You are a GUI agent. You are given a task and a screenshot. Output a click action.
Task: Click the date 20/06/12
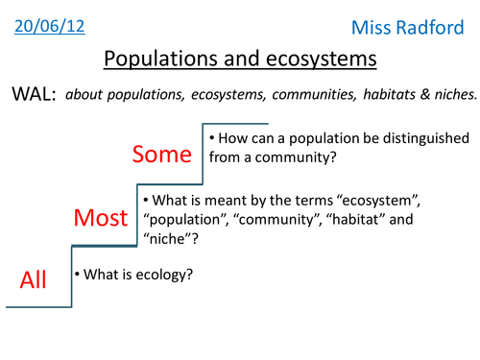[50, 26]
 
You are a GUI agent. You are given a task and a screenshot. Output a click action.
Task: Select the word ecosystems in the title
[324, 59]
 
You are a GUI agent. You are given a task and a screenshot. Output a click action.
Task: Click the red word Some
[162, 155]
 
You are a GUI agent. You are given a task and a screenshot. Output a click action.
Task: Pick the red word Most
[101, 219]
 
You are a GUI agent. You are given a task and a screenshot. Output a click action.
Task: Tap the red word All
[34, 280]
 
